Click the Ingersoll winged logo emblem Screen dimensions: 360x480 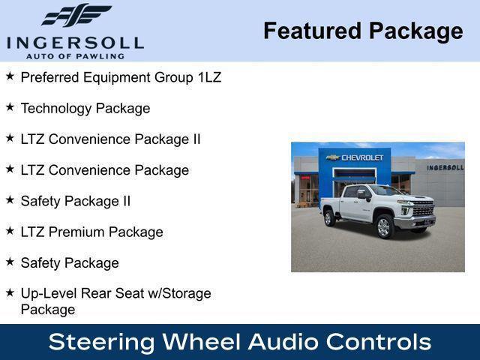76,15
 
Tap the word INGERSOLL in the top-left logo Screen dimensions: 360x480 75,42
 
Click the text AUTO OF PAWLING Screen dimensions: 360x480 75,55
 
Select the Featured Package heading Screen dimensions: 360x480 363,31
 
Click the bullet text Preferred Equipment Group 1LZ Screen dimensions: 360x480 121,77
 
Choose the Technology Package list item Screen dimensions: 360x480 85,108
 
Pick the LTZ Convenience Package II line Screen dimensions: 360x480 110,139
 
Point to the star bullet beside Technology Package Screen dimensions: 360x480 10,107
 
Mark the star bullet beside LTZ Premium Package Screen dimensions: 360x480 10,231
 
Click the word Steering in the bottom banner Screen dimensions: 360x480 102,342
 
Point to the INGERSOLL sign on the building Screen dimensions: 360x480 445,167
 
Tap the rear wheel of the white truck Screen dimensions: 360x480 329,218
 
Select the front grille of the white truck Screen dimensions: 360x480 422,210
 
